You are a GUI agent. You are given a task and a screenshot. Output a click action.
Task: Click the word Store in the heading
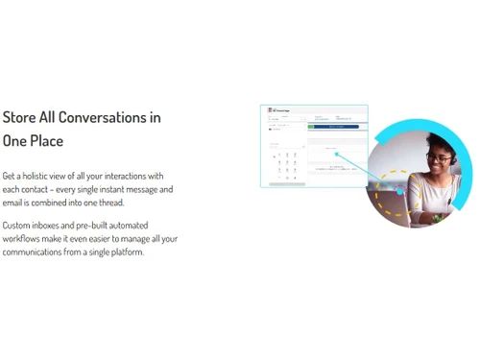pyautogui.click(x=19, y=117)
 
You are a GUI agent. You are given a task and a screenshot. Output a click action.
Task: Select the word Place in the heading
pyautogui.click(x=46, y=141)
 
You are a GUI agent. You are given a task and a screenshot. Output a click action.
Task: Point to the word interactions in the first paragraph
pyautogui.click(x=123, y=176)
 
